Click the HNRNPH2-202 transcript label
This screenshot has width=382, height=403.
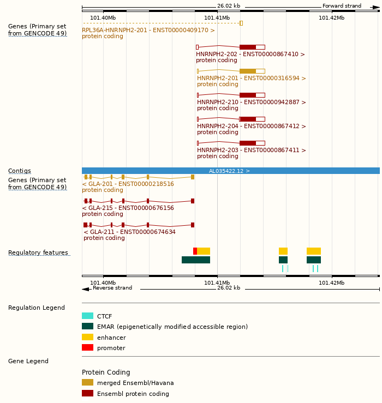(x=250, y=55)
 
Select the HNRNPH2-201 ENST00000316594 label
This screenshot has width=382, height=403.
(x=251, y=79)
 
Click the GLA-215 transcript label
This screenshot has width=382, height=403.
(x=128, y=208)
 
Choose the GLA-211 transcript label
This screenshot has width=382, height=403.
(x=129, y=232)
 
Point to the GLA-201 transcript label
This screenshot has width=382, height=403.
(x=128, y=184)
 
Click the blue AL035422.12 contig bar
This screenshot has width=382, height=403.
(x=229, y=171)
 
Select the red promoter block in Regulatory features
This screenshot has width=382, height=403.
(x=195, y=251)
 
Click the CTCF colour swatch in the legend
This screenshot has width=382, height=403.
(x=87, y=316)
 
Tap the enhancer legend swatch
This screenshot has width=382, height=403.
(x=87, y=337)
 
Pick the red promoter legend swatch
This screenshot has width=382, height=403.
(x=87, y=347)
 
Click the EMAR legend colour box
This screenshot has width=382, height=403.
(x=87, y=326)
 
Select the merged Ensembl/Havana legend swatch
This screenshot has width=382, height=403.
(x=87, y=382)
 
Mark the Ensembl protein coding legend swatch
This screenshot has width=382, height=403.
(x=87, y=393)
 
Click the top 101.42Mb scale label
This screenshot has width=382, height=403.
(x=331, y=18)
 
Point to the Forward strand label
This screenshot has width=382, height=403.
(x=342, y=6)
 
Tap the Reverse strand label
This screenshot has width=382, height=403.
(x=112, y=288)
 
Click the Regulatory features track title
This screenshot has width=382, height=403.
(x=38, y=253)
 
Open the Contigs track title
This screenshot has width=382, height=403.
(x=20, y=171)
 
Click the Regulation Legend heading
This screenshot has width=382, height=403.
(x=37, y=308)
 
